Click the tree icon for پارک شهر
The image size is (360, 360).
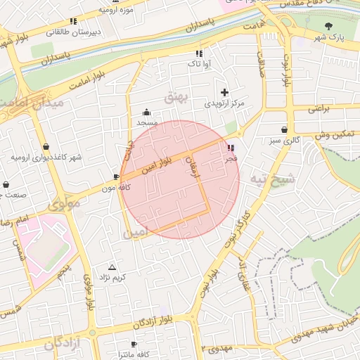point(328,26)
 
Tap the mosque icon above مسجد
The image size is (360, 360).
point(146,112)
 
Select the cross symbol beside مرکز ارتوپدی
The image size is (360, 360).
point(224,92)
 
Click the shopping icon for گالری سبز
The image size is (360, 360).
point(284,129)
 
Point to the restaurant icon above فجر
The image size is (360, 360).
point(231,148)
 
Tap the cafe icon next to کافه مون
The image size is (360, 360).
point(116,177)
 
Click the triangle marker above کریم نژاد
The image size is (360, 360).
point(112,267)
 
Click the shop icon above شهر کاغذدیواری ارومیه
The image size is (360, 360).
point(46,147)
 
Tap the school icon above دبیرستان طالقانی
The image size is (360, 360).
point(73,22)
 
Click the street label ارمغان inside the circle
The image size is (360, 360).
point(191,167)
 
